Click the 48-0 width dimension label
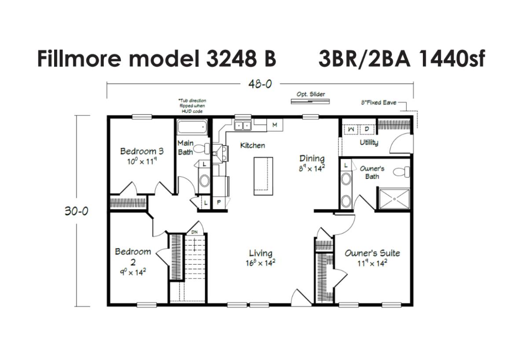point(260,84)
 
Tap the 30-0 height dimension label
point(77,211)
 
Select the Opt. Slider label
point(311,94)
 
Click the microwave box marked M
point(275,125)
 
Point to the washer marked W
point(351,129)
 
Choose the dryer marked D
point(367,129)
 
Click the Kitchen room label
point(253,146)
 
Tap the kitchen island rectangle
point(263,176)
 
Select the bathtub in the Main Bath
point(192,127)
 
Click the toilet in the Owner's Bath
point(401,172)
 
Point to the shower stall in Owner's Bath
point(394,198)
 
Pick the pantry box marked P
point(219,202)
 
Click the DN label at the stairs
point(194,232)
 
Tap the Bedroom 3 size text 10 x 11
point(142,162)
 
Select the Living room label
point(260,253)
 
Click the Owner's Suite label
point(372,253)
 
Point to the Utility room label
point(369,143)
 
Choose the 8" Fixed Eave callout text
point(379,103)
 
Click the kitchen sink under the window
point(242,126)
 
